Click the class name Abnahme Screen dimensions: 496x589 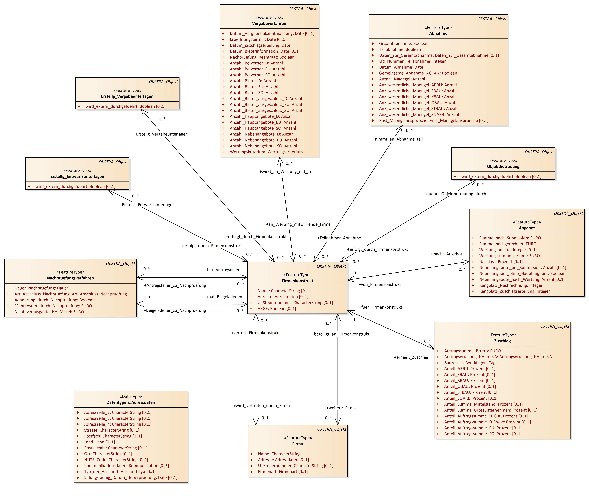438,33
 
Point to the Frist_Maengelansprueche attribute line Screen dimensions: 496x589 433,120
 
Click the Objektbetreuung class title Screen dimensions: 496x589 503,166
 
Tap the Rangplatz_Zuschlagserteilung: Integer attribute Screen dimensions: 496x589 514,291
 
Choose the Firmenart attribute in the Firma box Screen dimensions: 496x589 283,472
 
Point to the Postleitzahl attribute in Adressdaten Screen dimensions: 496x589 115,448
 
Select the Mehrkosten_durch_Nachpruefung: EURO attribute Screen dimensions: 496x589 53,306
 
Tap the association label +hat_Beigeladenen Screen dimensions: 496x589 224,297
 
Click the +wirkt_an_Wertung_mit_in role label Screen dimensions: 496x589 285,171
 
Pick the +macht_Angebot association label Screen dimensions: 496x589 446,254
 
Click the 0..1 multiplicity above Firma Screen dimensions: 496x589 265,418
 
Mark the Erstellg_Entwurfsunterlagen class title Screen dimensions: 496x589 77,177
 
